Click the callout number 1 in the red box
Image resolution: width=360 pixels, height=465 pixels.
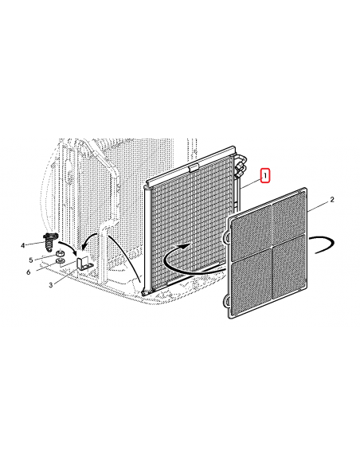click(265, 176)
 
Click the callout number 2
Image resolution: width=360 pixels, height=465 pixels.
click(332, 200)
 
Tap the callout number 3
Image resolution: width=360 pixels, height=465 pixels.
click(51, 285)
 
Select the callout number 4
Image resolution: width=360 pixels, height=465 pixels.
click(23, 245)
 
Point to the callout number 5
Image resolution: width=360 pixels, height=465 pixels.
click(31, 260)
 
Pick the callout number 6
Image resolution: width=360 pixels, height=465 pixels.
click(29, 272)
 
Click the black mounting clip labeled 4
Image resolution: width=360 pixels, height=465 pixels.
click(50, 242)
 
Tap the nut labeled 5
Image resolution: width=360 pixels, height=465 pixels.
click(60, 254)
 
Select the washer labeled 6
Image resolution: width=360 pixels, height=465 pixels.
click(60, 261)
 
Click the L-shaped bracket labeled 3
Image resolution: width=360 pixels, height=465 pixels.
click(84, 264)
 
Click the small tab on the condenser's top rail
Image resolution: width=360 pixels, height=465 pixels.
click(193, 169)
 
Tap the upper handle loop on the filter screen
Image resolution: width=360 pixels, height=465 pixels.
click(226, 238)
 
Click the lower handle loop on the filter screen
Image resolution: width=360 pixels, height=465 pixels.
click(226, 301)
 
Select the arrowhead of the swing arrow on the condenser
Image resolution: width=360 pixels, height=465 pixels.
click(185, 246)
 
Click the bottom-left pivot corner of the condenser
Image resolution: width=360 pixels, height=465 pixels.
click(144, 293)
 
